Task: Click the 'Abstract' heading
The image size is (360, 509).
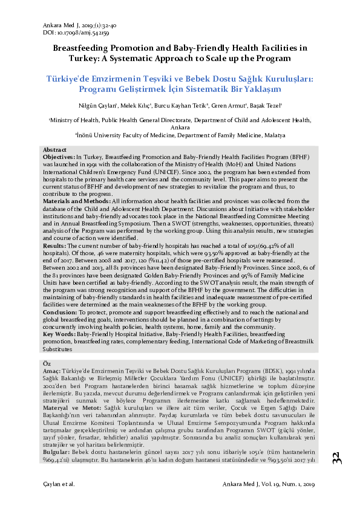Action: point(55,149)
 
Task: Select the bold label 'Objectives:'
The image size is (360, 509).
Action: point(59,156)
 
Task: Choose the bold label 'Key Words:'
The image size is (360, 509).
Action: point(59,334)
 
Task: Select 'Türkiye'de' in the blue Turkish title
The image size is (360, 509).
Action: point(71,79)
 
